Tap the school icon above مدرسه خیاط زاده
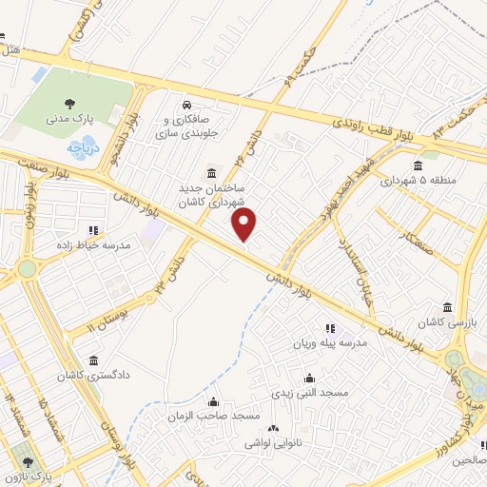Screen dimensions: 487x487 93,230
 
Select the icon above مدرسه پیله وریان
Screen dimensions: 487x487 329,328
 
